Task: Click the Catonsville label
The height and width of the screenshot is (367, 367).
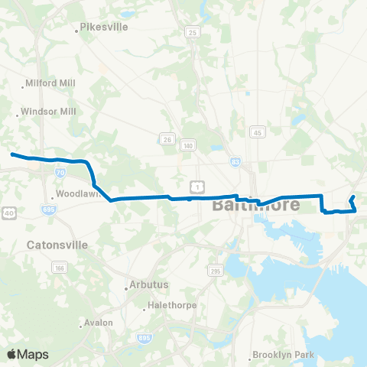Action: tap(57, 245)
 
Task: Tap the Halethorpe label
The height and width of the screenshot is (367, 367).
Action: tap(172, 305)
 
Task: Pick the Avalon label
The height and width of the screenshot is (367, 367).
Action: tap(99, 323)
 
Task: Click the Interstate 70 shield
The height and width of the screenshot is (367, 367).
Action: tap(60, 173)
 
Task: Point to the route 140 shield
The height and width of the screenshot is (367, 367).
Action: tap(187, 145)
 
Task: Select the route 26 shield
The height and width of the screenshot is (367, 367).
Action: tap(166, 138)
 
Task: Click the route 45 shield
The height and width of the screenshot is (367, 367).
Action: tap(258, 132)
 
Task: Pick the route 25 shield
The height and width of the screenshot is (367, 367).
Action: tap(191, 32)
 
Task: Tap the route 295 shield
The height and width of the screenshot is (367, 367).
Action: tap(215, 271)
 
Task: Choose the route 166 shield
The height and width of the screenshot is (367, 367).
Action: tap(59, 268)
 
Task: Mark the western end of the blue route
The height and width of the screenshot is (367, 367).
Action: tap(11, 154)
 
